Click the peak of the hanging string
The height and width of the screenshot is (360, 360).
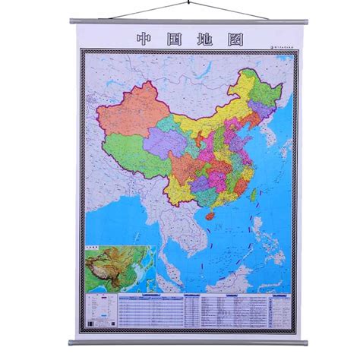tap(181, 3)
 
